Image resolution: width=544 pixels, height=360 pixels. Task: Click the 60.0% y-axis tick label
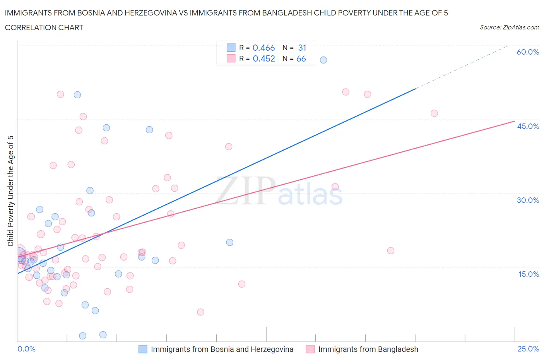point(528,52)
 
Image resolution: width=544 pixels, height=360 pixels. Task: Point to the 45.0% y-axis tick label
point(528,126)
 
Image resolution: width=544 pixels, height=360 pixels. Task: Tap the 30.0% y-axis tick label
point(528,200)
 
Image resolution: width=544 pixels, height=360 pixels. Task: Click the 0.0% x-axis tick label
point(26,349)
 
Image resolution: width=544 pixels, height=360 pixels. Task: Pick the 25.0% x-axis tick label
point(528,349)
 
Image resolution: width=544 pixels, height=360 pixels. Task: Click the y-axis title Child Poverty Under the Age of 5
point(10,191)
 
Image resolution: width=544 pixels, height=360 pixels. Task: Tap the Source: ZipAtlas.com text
point(509,27)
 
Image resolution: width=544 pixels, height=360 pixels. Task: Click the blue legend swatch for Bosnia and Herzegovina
point(143,349)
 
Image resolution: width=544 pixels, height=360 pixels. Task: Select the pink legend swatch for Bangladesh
point(310,349)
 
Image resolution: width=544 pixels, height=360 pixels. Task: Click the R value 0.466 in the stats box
point(263,48)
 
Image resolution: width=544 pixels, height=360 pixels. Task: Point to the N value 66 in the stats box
point(301,58)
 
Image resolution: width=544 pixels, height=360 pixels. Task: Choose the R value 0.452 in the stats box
point(263,58)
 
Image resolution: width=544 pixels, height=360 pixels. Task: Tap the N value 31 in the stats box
point(302,48)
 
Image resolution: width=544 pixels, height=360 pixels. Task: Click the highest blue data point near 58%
point(323,60)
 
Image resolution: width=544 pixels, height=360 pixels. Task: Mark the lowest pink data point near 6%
point(200,312)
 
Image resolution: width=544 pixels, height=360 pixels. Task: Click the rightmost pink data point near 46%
point(434,113)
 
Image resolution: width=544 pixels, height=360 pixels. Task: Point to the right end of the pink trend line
point(515,121)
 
